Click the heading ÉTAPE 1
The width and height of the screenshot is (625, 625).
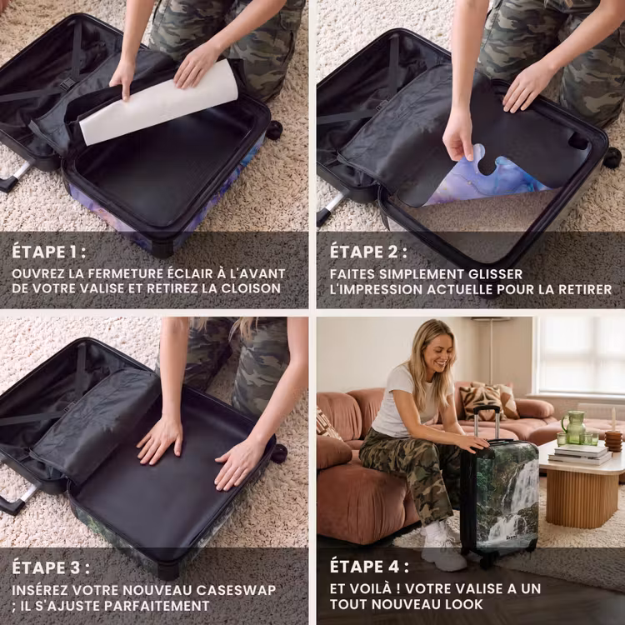tap(48, 252)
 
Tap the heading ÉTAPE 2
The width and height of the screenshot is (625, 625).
tap(368, 252)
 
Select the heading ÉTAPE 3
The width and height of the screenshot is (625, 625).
tap(51, 567)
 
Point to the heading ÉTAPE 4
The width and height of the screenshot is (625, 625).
tap(369, 567)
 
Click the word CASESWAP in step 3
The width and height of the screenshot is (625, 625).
tap(236, 590)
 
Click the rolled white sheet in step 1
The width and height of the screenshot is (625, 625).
tap(158, 102)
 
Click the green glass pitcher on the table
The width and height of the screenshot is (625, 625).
tap(574, 427)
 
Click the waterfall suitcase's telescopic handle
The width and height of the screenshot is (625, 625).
tap(487, 422)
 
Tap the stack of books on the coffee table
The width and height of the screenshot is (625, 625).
tap(580, 454)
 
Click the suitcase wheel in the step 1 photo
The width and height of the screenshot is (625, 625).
tap(274, 130)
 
